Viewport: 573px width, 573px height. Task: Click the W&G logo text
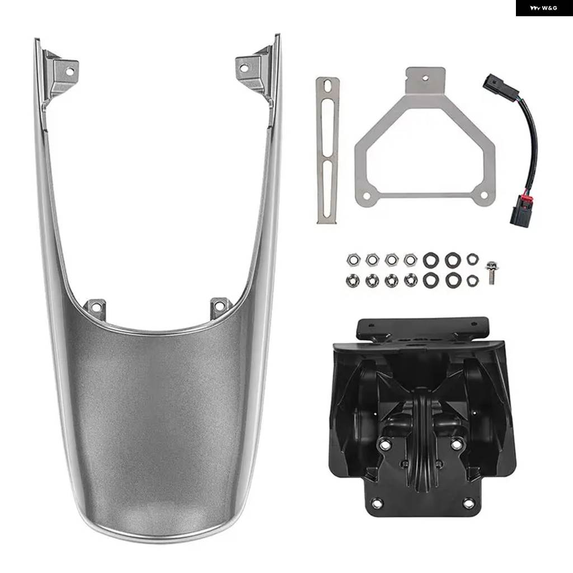pos(543,8)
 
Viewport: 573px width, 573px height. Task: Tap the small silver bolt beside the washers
pos(491,273)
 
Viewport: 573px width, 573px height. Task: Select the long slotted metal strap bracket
pos(327,150)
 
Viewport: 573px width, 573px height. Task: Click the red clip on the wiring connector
pos(528,202)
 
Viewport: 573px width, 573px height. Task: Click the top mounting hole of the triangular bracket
pos(425,78)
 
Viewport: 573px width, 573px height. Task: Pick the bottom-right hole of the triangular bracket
pos(483,195)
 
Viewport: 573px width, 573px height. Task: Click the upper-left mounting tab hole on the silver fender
pos(69,71)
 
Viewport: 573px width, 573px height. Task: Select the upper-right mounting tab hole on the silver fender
pos(243,68)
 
